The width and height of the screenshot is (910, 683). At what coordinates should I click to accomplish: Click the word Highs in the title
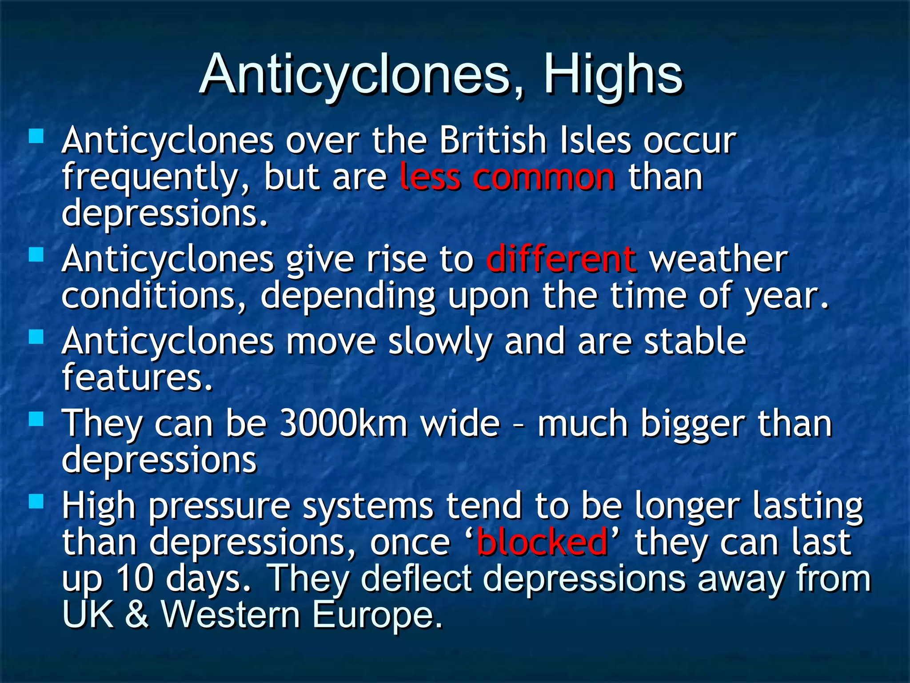613,75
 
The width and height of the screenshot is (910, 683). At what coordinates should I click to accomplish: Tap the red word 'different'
561,259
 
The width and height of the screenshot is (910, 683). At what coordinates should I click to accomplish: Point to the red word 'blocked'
542,542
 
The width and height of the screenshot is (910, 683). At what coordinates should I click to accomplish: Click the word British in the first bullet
493,141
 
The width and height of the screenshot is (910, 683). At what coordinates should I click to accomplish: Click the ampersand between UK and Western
137,615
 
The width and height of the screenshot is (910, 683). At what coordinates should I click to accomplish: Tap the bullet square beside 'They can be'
36,418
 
